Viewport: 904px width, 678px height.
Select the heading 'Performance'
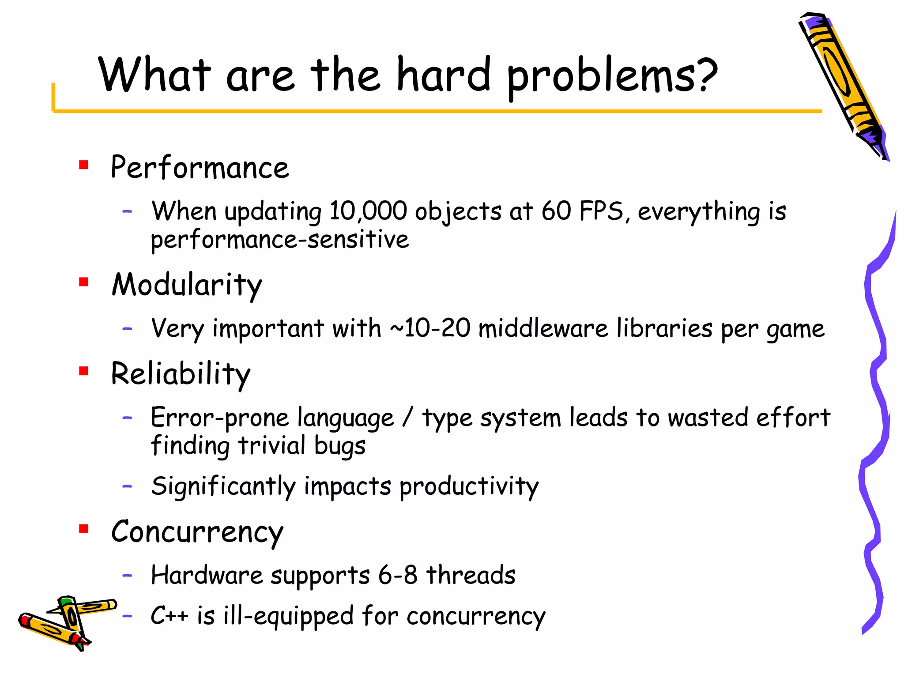pyautogui.click(x=200, y=168)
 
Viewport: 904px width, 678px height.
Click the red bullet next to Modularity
pyautogui.click(x=83, y=282)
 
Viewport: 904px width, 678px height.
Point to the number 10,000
pyautogui.click(x=368, y=211)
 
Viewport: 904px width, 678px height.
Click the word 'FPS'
pyautogui.click(x=601, y=211)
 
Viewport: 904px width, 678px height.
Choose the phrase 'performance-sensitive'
pyautogui.click(x=280, y=240)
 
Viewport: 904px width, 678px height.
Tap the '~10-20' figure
pyautogui.click(x=430, y=328)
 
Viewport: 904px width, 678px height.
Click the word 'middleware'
pyautogui.click(x=543, y=328)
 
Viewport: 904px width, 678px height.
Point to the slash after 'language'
pyautogui.click(x=408, y=417)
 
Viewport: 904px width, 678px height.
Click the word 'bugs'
pyautogui.click(x=340, y=446)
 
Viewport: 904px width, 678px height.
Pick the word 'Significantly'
pyautogui.click(x=223, y=486)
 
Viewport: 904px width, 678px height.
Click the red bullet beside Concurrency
pyautogui.click(x=83, y=528)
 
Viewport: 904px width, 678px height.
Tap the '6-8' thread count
pyautogui.click(x=397, y=575)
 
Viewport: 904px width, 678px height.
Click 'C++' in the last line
pyautogui.click(x=169, y=615)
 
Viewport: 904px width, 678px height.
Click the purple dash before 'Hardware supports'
pyautogui.click(x=127, y=575)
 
